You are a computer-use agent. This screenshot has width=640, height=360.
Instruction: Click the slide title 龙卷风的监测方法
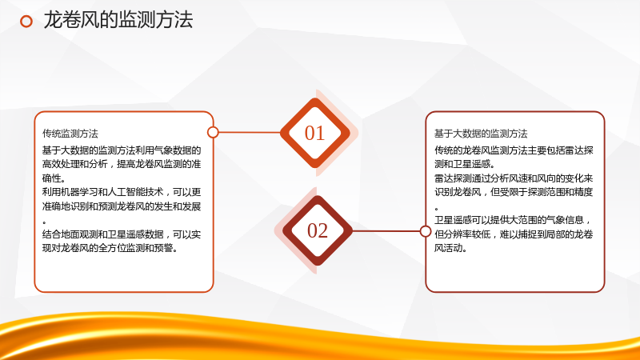coord(118,20)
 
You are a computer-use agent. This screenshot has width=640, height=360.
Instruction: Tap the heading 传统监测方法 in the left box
coord(70,134)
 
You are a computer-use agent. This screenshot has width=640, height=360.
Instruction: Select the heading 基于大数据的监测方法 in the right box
coord(481,134)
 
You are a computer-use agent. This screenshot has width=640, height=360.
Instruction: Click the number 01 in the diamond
coord(314,133)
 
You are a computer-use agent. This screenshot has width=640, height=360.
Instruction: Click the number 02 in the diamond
coord(318,230)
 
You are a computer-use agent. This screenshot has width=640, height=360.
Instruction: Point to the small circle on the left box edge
coord(213,132)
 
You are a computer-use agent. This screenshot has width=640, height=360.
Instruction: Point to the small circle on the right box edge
coord(426,231)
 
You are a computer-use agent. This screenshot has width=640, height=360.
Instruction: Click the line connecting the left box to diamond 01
coord(250,132)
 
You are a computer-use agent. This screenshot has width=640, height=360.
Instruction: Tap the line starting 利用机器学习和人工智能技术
coord(122,192)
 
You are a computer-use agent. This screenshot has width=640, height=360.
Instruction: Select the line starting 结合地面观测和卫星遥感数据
coord(122,234)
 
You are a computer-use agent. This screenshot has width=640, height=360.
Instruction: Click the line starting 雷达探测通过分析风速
coord(514,178)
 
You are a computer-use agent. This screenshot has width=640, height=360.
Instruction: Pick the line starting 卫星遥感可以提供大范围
coord(513,220)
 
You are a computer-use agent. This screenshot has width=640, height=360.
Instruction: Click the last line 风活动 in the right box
coord(450,248)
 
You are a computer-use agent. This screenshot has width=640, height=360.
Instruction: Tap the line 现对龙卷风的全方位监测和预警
coord(110,248)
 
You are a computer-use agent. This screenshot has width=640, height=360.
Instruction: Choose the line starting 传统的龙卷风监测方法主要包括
coord(514,150)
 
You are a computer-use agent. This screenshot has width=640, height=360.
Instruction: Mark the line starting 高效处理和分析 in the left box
coord(122,164)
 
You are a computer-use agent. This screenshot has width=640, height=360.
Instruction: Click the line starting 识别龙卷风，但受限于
coord(514,192)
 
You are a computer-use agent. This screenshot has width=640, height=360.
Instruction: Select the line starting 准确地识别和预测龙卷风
coord(122,206)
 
